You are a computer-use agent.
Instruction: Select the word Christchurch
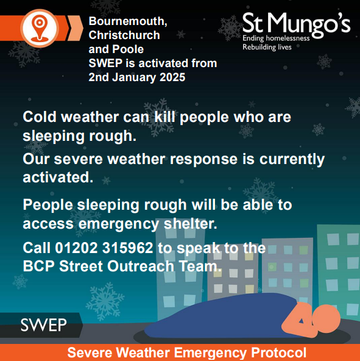click(x=124, y=35)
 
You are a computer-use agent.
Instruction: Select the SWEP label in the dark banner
click(x=43, y=325)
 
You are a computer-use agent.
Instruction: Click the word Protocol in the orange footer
click(x=277, y=352)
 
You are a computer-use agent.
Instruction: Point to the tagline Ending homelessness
click(x=276, y=38)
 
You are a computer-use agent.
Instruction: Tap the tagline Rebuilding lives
click(x=267, y=46)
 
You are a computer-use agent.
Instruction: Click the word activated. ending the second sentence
click(x=58, y=177)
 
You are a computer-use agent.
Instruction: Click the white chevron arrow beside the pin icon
click(x=76, y=24)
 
